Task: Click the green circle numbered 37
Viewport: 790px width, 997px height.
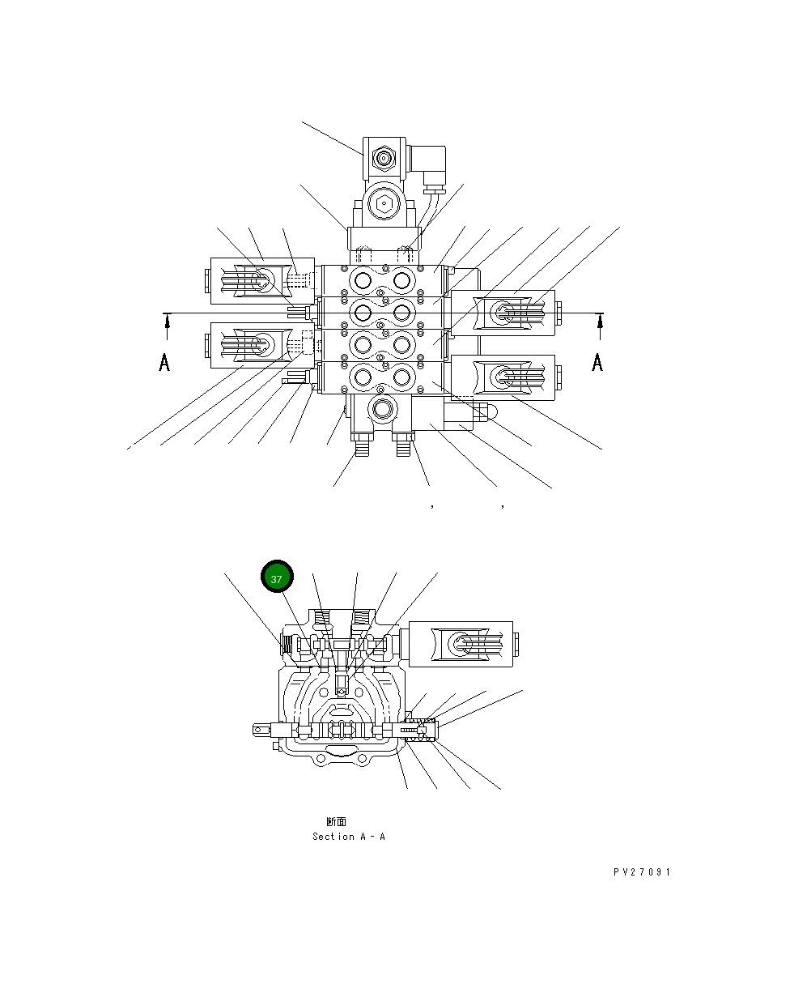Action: point(277,578)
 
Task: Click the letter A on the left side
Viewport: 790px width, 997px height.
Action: point(164,362)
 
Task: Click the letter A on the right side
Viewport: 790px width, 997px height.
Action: point(597,362)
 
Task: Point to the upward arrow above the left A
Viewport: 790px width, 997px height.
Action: point(167,326)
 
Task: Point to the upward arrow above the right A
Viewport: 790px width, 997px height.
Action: point(600,326)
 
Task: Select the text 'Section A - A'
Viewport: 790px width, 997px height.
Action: point(349,837)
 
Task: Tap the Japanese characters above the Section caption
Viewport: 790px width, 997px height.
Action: point(336,821)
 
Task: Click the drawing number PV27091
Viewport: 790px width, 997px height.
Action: point(642,872)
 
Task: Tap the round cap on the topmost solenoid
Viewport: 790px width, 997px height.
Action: point(382,158)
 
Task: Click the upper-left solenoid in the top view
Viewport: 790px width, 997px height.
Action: point(251,281)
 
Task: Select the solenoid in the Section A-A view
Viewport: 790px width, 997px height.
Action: point(461,645)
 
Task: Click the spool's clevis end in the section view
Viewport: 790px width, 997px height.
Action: point(262,731)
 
